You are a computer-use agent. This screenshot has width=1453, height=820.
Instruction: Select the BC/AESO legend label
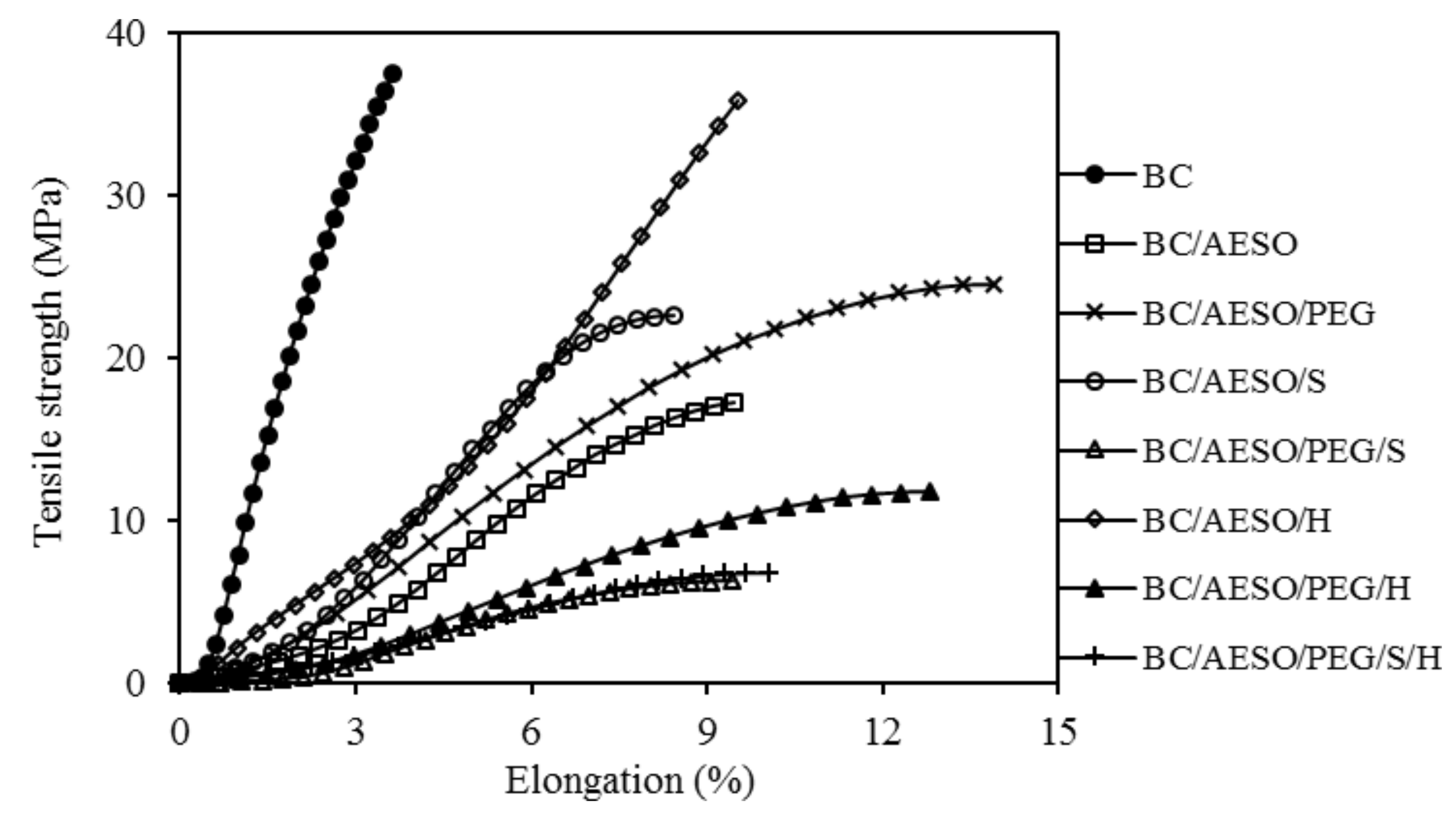pyautogui.click(x=1220, y=245)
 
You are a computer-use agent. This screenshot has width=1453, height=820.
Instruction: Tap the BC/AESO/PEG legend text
pyautogui.click(x=1258, y=314)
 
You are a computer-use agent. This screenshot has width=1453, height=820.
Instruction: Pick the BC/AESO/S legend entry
pyautogui.click(x=1234, y=382)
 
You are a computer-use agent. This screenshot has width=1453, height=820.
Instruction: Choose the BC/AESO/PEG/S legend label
pyautogui.click(x=1274, y=452)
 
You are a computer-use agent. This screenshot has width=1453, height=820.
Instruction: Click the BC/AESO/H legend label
pyautogui.click(x=1237, y=520)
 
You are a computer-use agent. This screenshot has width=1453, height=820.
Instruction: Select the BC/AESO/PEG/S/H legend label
pyautogui.click(x=1291, y=658)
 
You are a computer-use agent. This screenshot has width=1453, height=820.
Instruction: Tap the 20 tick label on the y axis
pyautogui.click(x=126, y=359)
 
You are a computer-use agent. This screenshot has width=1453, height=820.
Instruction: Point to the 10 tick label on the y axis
pyautogui.click(x=126, y=521)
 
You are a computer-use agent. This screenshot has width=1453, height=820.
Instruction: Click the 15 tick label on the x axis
pyautogui.click(x=1058, y=732)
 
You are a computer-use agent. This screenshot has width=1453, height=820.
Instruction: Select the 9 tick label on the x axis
pyautogui.click(x=707, y=732)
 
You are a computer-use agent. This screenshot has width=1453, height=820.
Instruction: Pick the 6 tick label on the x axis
pyautogui.click(x=531, y=732)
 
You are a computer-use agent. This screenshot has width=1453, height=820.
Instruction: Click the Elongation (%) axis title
pyautogui.click(x=629, y=781)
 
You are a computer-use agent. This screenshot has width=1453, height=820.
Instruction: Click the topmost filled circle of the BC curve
pyautogui.click(x=393, y=74)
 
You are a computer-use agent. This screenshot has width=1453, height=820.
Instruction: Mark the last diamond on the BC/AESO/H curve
pyautogui.click(x=738, y=101)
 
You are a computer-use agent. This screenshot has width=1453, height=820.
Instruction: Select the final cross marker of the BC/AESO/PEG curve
pyautogui.click(x=994, y=285)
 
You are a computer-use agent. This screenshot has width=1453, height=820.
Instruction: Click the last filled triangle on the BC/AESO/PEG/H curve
pyautogui.click(x=930, y=492)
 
